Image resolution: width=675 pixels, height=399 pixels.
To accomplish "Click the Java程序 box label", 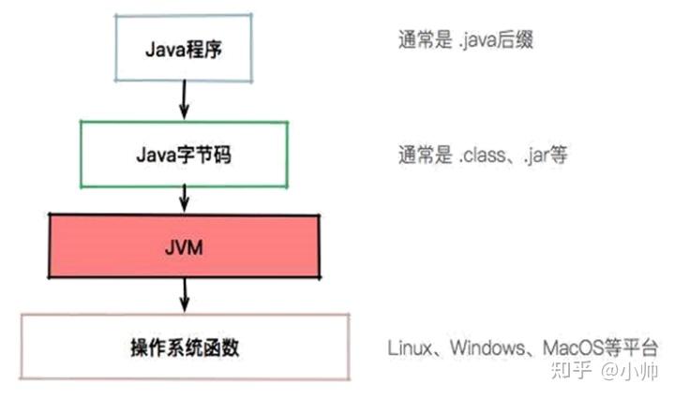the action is pyautogui.click(x=184, y=50).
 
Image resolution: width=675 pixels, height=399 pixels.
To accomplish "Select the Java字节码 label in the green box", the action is pyautogui.click(x=184, y=155).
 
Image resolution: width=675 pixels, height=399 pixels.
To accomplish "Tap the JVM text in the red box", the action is pyautogui.click(x=184, y=248).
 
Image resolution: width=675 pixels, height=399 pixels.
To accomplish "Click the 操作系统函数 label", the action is pyautogui.click(x=185, y=347).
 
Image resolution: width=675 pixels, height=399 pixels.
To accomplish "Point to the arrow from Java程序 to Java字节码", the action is pyautogui.click(x=185, y=99).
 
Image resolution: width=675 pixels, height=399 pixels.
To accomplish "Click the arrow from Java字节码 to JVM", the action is pyautogui.click(x=185, y=199).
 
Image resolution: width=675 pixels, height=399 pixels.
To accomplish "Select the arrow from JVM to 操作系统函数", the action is pyautogui.click(x=185, y=295).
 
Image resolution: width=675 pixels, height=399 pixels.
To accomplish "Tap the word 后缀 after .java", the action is pyautogui.click(x=515, y=40).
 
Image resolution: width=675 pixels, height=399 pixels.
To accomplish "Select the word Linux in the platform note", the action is pyautogui.click(x=410, y=347).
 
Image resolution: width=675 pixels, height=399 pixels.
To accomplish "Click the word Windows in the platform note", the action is pyautogui.click(x=487, y=347).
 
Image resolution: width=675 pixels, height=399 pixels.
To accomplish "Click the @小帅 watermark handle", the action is pyautogui.click(x=629, y=371).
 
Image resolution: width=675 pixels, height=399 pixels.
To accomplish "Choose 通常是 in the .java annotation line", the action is pyautogui.click(x=426, y=40).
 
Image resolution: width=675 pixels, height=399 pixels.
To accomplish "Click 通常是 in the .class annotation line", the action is pyautogui.click(x=426, y=155).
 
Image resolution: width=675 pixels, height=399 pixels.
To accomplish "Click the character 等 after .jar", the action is pyautogui.click(x=559, y=155).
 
